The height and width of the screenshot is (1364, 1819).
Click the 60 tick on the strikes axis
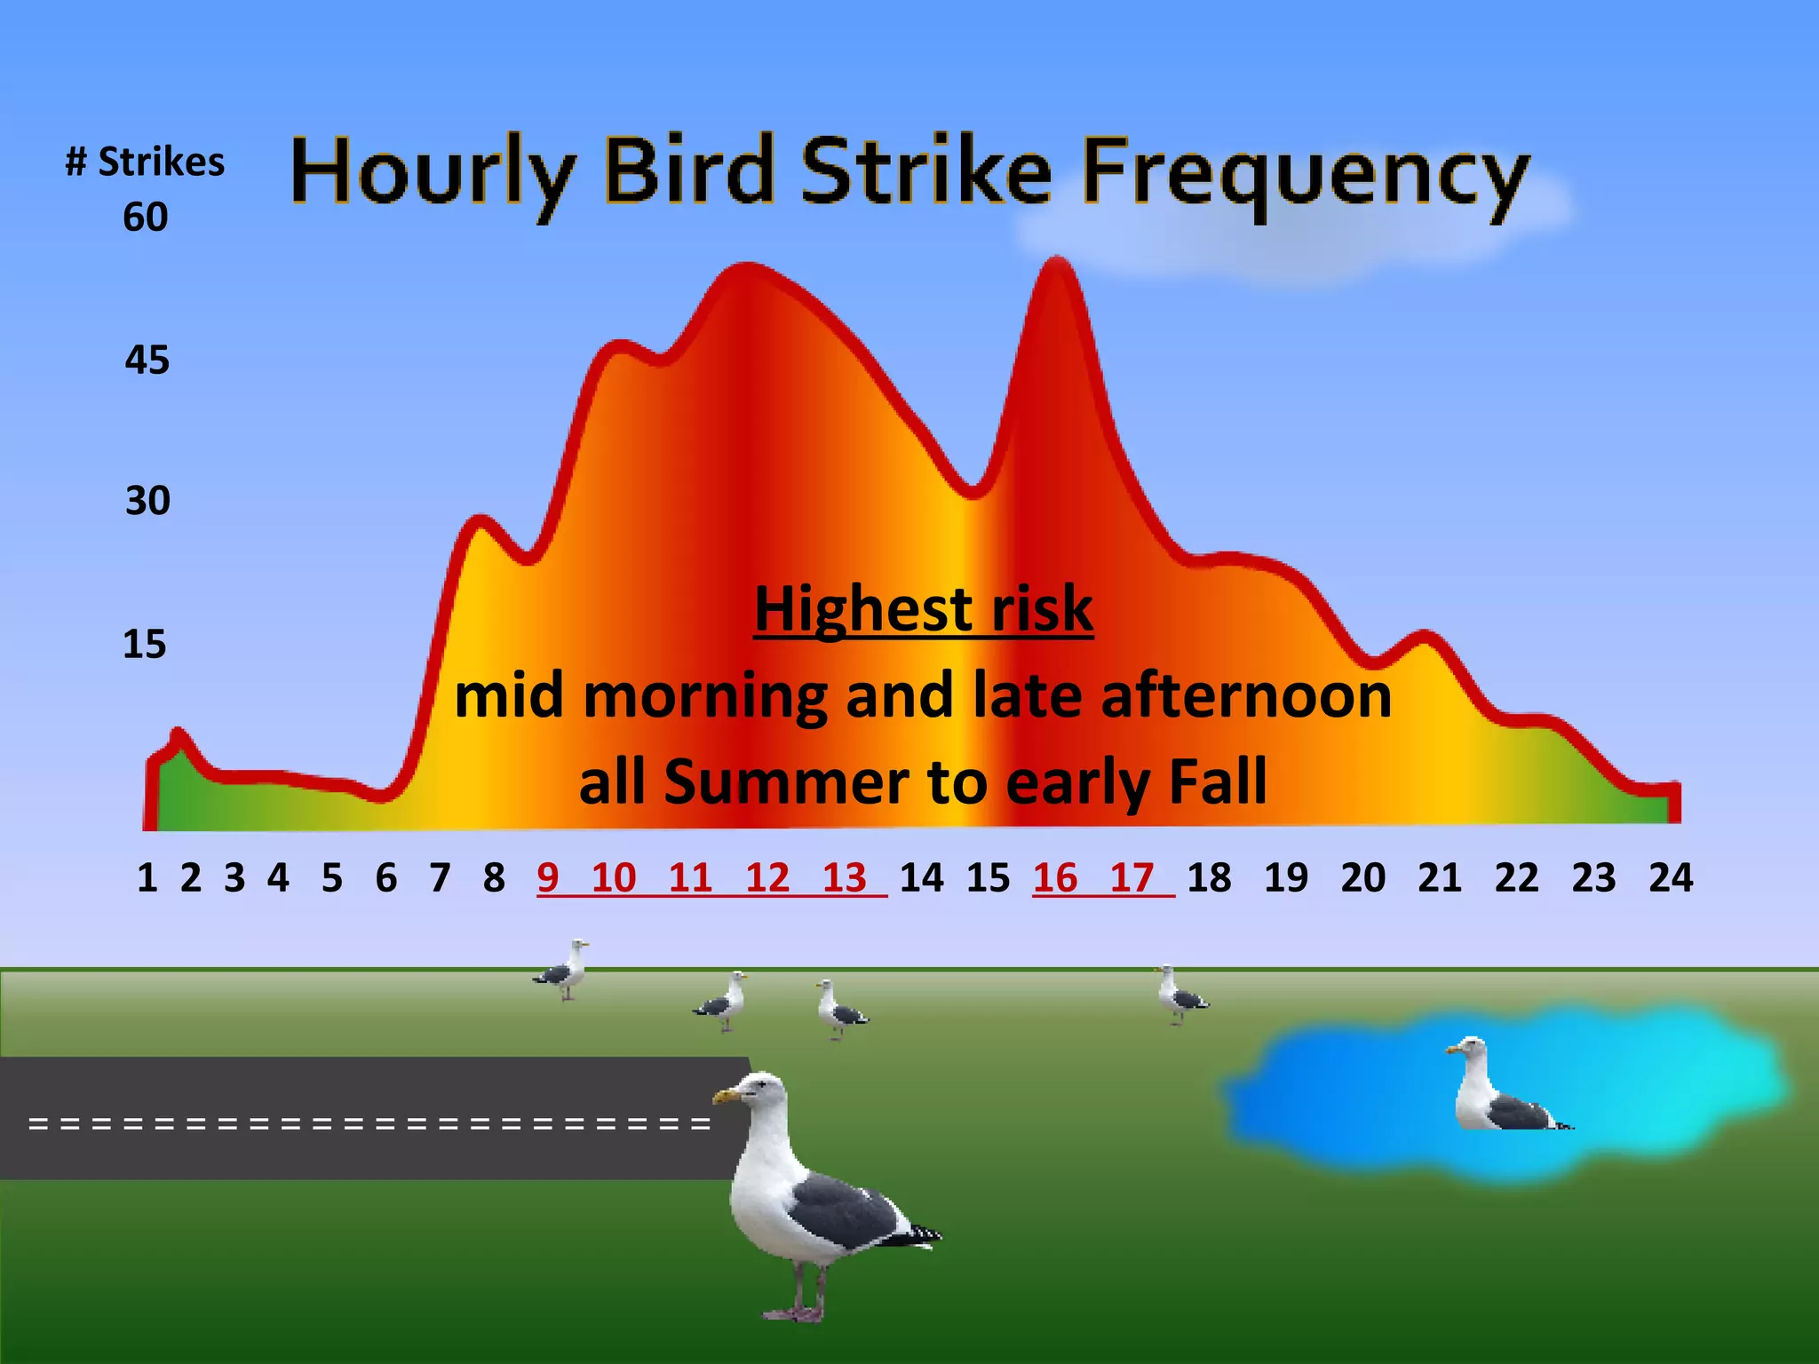146,218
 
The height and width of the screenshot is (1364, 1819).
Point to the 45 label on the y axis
147,361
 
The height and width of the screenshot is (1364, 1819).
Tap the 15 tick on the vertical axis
145,645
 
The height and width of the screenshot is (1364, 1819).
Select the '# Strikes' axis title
145,163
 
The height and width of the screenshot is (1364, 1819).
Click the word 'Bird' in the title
689,170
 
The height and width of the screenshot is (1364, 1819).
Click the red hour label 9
548,878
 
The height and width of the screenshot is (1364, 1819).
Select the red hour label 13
844,878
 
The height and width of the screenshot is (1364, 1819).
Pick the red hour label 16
1054,878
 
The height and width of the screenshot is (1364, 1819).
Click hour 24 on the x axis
1671,878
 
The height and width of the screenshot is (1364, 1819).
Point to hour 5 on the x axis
332,878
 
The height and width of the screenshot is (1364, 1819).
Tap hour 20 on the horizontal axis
1363,878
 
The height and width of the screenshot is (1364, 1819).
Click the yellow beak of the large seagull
726,1097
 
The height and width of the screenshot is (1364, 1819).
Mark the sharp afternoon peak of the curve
1056,262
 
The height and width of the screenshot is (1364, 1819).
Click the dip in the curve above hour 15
973,491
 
